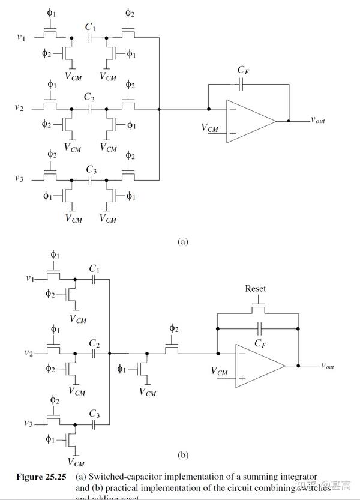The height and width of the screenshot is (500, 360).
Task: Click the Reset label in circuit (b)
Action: point(255,289)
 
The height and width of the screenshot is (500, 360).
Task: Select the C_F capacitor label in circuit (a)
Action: point(243,71)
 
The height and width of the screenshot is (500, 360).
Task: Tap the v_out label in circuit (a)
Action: point(317,120)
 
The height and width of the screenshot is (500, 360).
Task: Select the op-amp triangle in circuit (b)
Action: point(258,365)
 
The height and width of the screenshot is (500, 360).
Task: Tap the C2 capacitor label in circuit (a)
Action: point(89,97)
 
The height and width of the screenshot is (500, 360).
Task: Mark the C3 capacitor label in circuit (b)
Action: point(94,414)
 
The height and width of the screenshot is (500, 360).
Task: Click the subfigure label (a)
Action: point(183,242)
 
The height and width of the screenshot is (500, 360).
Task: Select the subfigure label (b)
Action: point(183,455)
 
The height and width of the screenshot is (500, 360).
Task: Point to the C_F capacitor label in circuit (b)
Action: point(260,343)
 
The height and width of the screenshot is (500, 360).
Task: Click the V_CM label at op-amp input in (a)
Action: point(210,128)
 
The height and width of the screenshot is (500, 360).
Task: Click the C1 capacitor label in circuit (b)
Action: point(94,268)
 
